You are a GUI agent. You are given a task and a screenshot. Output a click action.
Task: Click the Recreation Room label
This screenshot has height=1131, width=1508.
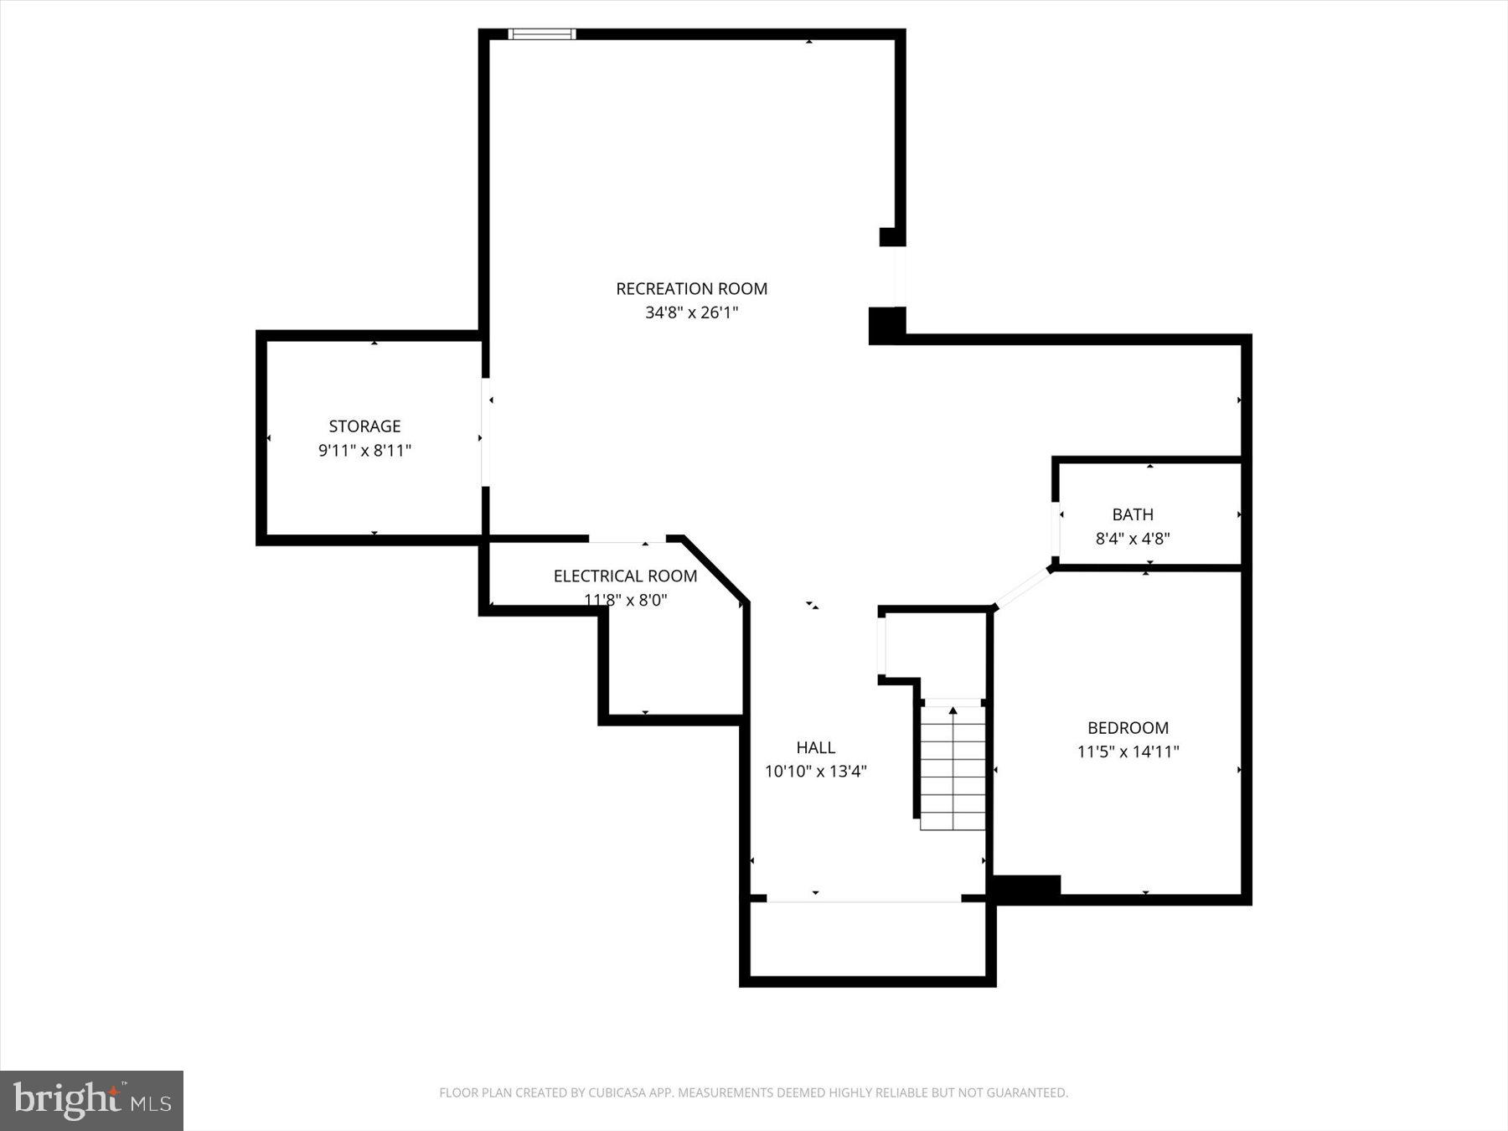click(691, 288)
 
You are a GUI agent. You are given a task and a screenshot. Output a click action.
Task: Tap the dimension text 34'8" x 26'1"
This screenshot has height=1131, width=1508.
click(691, 312)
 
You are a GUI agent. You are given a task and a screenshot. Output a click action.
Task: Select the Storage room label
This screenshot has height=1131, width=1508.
click(364, 426)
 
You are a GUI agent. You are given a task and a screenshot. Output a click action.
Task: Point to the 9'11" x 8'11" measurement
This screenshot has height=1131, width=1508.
click(364, 451)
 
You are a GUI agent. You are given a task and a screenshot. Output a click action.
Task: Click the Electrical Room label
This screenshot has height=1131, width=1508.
click(625, 576)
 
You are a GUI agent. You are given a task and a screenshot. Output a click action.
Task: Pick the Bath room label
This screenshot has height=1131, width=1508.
click(1133, 514)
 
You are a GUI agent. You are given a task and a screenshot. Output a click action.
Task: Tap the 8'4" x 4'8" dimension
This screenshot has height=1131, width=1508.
click(1133, 539)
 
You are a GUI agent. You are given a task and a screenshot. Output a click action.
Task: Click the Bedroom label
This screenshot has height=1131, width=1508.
click(1128, 727)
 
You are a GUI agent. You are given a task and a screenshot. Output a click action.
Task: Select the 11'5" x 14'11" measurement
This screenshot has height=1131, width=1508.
click(1128, 751)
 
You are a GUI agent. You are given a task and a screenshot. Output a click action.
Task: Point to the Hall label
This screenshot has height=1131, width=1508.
click(815, 747)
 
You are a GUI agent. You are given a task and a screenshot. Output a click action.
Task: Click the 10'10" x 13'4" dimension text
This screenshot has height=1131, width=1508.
click(815, 771)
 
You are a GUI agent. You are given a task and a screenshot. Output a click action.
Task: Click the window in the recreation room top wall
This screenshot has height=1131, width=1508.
click(542, 34)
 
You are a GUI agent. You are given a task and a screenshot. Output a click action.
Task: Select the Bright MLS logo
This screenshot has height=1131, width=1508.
click(91, 1100)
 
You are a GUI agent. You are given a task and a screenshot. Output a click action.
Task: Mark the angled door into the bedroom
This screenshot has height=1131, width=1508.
click(1022, 587)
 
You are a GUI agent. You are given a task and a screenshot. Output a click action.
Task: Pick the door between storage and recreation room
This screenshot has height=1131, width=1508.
click(485, 431)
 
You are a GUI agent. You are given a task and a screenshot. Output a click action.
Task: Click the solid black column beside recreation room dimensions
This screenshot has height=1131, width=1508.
click(886, 325)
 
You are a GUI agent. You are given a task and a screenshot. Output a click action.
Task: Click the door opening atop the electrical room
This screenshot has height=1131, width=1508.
click(627, 538)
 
